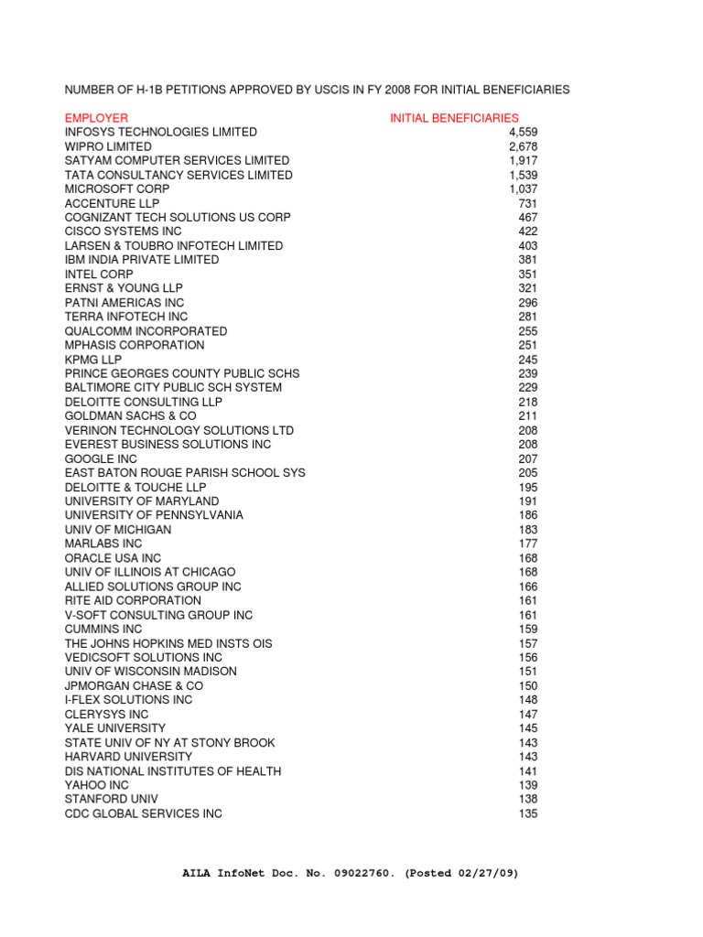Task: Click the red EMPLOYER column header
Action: click(x=96, y=118)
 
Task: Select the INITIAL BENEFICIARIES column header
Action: click(x=454, y=118)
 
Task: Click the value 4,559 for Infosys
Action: click(x=522, y=132)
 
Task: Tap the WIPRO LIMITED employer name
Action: click(x=108, y=146)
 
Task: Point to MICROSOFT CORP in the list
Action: click(x=117, y=188)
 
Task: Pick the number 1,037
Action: click(x=523, y=188)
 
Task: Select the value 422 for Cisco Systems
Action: click(x=528, y=232)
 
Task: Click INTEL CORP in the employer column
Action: click(x=99, y=274)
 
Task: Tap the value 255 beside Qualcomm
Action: click(x=528, y=330)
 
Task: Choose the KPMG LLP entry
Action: click(x=93, y=359)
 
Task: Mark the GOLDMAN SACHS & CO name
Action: click(x=130, y=415)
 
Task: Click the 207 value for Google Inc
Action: click(x=528, y=458)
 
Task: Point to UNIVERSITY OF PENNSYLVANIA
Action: click(x=154, y=515)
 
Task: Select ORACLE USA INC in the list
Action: click(x=113, y=558)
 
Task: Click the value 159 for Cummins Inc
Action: click(x=528, y=629)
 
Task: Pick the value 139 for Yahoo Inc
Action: click(x=528, y=785)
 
